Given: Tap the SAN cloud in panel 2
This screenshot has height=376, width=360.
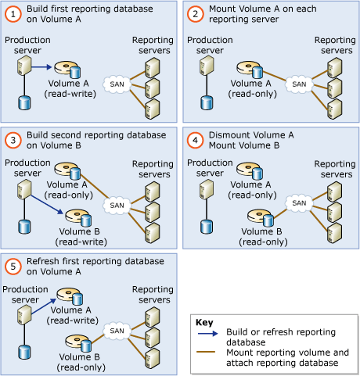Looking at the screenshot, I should [297, 83].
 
